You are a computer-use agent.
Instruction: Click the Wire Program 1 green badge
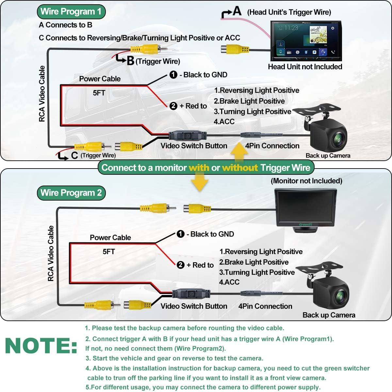click(71, 12)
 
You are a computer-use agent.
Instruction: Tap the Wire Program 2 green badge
click(71, 193)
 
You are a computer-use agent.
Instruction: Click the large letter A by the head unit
click(237, 11)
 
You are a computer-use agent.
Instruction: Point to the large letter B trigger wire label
click(130, 61)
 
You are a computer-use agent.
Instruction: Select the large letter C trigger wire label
click(74, 155)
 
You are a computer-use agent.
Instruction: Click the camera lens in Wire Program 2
click(340, 297)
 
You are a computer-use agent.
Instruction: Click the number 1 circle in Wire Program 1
click(173, 75)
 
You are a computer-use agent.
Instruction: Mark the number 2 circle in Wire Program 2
click(181, 265)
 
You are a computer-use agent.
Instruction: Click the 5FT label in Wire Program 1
click(99, 93)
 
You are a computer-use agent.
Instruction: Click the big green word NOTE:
click(41, 346)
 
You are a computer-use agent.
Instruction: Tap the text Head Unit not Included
click(305, 67)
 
